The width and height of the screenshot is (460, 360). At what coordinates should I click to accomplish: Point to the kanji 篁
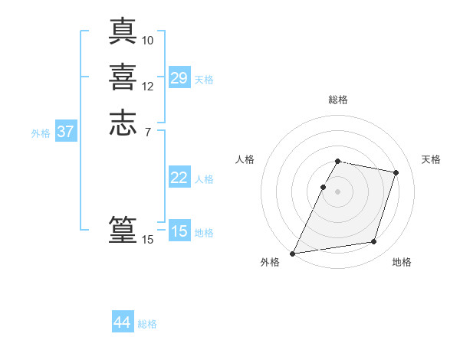pyautogui.click(x=123, y=230)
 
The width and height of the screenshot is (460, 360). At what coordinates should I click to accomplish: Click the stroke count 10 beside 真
pyautogui.click(x=148, y=39)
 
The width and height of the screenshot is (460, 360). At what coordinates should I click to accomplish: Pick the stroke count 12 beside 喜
pyautogui.click(x=148, y=86)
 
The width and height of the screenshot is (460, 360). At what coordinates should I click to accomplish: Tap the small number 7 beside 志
pyautogui.click(x=148, y=132)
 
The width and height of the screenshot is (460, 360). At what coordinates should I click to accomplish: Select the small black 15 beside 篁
pyautogui.click(x=148, y=240)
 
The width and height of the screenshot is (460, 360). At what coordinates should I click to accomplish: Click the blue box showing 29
pyautogui.click(x=179, y=77)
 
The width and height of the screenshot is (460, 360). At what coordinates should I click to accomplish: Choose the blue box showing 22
pyautogui.click(x=179, y=178)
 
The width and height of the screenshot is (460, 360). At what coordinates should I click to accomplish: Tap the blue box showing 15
pyautogui.click(x=179, y=231)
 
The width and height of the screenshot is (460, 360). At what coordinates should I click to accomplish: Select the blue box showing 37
pyautogui.click(x=65, y=132)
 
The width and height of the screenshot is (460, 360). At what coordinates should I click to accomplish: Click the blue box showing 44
pyautogui.click(x=123, y=323)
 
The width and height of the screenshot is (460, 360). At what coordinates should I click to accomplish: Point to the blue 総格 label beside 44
pyautogui.click(x=147, y=324)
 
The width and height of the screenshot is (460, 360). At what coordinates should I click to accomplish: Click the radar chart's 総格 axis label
pyautogui.click(x=337, y=100)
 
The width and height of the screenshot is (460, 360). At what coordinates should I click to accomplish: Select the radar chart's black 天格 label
pyautogui.click(x=432, y=159)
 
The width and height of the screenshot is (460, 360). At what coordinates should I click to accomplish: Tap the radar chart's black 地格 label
pyautogui.click(x=402, y=263)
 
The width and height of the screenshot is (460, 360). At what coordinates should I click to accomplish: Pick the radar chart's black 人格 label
pyautogui.click(x=245, y=159)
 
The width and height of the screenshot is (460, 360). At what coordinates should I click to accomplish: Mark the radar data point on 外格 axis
pyautogui.click(x=293, y=254)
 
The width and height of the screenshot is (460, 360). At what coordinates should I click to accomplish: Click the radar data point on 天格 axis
pyautogui.click(x=396, y=172)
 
